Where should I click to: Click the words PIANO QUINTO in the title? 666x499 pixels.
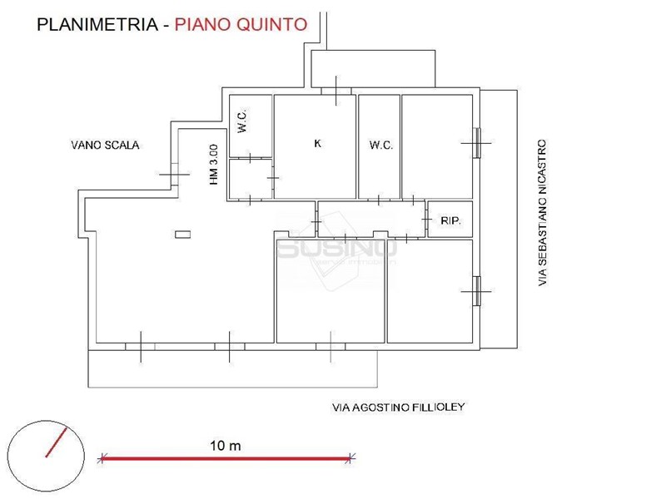[241, 25]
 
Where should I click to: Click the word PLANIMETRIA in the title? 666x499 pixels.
[97, 25]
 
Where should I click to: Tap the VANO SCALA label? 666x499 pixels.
[106, 145]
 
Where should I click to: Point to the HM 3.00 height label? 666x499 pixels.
[214, 165]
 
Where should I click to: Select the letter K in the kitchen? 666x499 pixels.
[318, 143]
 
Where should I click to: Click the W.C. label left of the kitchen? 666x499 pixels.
[242, 121]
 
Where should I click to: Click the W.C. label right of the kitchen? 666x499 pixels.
[381, 145]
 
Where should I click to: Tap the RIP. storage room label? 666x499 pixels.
[450, 220]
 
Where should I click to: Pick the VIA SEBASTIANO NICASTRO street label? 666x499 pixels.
[543, 213]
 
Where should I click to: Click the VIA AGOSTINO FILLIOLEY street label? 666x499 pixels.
[399, 408]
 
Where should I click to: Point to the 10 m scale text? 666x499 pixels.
[226, 446]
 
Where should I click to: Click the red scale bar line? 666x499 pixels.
[226, 458]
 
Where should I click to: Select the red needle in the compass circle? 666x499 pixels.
[57, 442]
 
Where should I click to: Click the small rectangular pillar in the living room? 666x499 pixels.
[182, 235]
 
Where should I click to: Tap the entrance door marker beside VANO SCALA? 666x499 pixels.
[174, 174]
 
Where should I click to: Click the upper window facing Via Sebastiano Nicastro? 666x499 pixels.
[477, 143]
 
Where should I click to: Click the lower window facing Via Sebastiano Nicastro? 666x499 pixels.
[477, 292]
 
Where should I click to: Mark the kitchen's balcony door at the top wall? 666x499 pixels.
[336, 91]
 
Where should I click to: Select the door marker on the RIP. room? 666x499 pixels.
[426, 220]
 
